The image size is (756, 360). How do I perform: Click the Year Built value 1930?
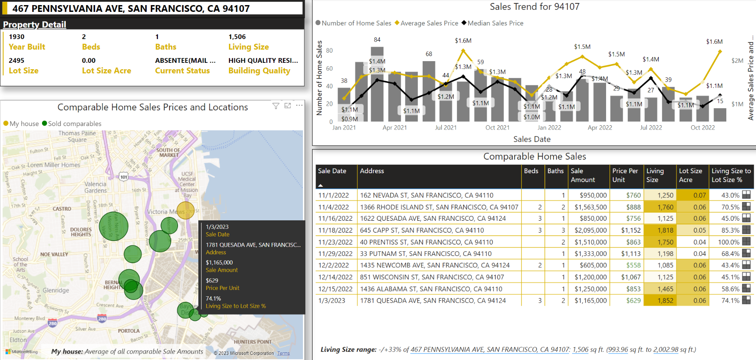tap(17, 37)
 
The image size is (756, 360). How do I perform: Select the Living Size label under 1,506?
tap(248, 47)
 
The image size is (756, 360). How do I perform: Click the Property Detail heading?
tap(34, 25)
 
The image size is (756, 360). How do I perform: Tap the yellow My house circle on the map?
tap(186, 210)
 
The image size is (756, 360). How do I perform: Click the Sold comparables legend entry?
tap(72, 124)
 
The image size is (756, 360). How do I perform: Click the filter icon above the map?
tap(276, 106)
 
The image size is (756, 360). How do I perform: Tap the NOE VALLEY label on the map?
tap(54, 254)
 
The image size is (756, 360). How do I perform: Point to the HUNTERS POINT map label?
tap(252, 342)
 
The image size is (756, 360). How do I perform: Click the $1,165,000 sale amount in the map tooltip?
tap(219, 262)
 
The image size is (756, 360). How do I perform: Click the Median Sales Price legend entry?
tap(495, 23)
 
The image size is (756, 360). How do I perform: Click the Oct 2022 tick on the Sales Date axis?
tap(702, 127)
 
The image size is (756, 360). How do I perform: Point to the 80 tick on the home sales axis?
tap(329, 51)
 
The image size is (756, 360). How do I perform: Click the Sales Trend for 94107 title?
tap(534, 7)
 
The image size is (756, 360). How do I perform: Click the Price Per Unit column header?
tap(625, 175)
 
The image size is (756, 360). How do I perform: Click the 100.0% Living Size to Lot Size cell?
tap(728, 242)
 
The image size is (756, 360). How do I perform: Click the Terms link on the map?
tap(283, 353)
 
